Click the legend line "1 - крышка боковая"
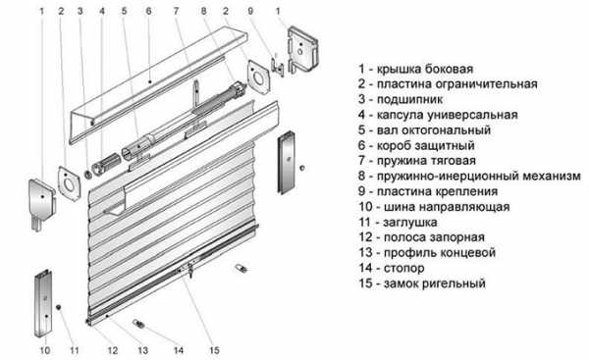coord(415,69)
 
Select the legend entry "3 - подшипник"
coord(401,99)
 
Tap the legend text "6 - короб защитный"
coord(416,145)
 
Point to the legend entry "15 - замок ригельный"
coord(422,283)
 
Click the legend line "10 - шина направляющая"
coord(434,206)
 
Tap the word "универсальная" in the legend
coord(471,115)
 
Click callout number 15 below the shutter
coord(214,350)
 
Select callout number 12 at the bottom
coord(113,350)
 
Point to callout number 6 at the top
coord(149,11)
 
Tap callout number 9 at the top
coord(250,11)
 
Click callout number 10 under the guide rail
coord(45,350)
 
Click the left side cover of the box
coord(42,204)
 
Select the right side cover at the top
coord(302,50)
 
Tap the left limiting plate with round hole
coord(69,183)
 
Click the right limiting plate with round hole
coord(258,77)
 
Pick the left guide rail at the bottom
coord(43,303)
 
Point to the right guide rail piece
coord(287,162)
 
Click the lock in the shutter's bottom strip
coord(190,270)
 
